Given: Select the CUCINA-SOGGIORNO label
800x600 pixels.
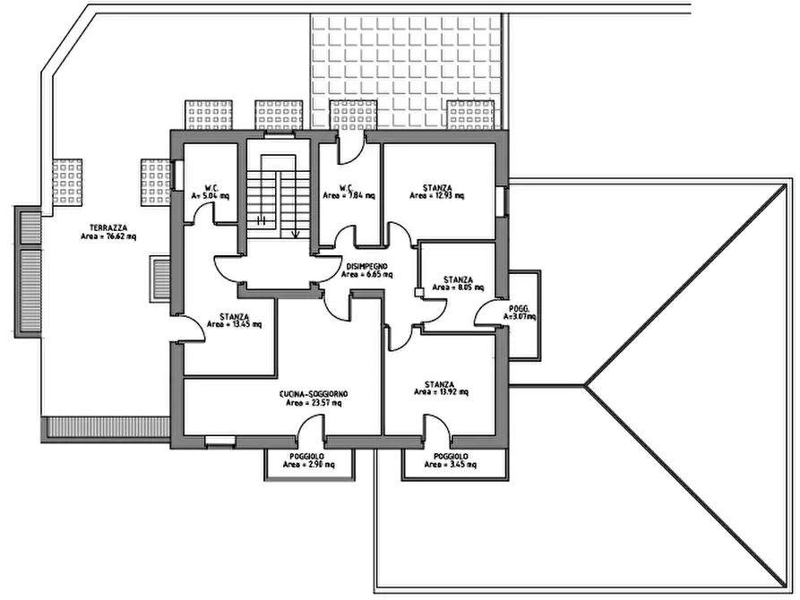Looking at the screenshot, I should click(314, 393).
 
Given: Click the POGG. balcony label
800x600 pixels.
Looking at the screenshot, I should click(519, 308).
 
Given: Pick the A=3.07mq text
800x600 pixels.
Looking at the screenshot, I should click(519, 317).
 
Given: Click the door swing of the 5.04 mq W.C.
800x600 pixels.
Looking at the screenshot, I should click(204, 213).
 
